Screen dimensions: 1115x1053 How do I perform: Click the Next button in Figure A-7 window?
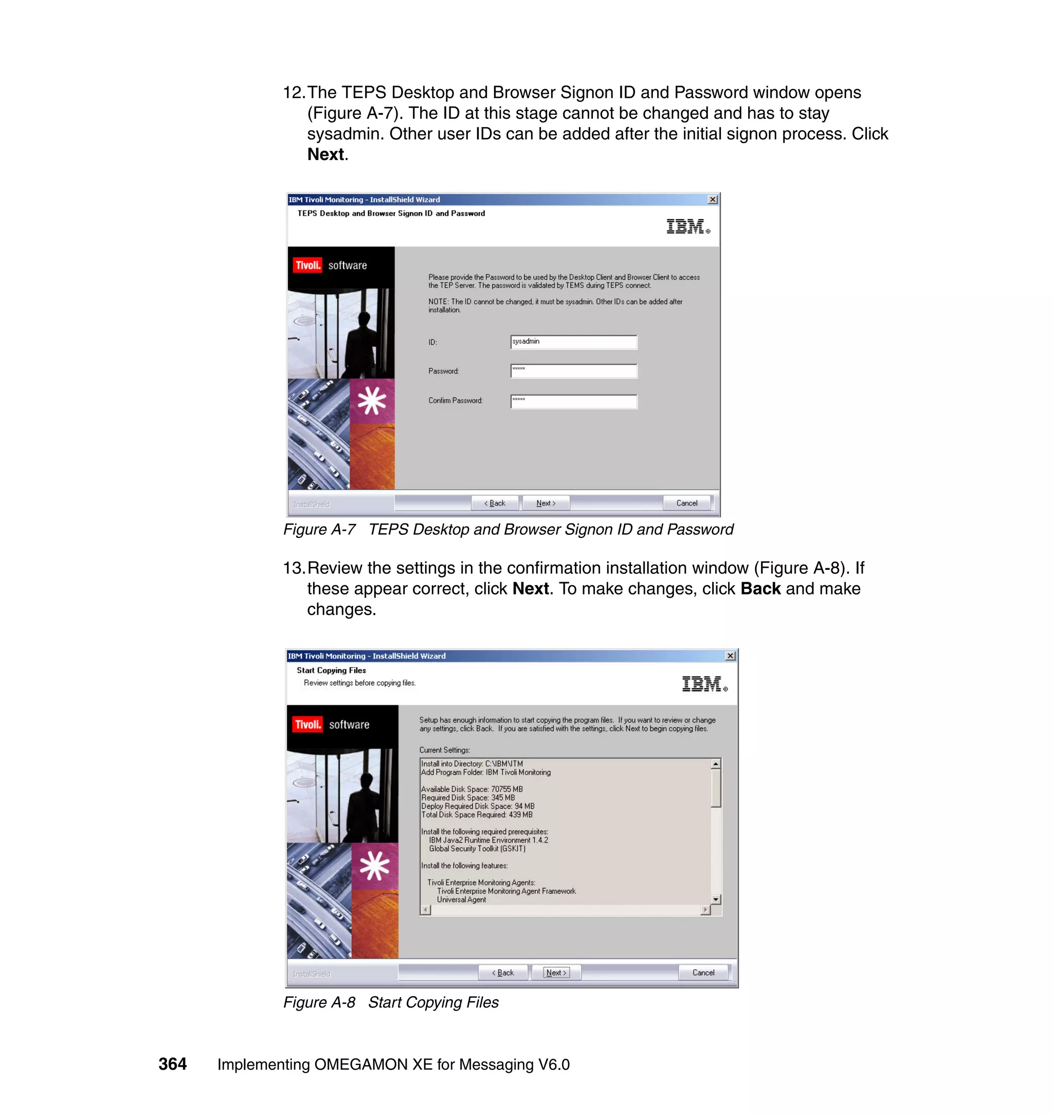tap(546, 503)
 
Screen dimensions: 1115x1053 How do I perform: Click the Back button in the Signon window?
tap(495, 503)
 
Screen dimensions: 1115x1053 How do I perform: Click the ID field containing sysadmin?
tap(573, 342)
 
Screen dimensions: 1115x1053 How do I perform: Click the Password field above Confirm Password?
tap(573, 370)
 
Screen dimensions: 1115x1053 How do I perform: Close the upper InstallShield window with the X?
tap(712, 200)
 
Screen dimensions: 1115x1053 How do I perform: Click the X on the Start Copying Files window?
tap(730, 656)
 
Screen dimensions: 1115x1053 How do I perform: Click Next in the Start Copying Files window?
tap(556, 973)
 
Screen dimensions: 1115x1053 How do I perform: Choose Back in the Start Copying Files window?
tap(503, 973)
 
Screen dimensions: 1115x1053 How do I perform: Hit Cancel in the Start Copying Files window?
tap(703, 973)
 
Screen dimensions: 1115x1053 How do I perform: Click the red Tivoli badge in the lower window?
tap(307, 724)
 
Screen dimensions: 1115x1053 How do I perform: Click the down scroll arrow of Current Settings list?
tap(716, 899)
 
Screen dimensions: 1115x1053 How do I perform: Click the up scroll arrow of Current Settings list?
tap(716, 764)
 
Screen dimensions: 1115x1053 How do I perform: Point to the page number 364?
tap(172, 1064)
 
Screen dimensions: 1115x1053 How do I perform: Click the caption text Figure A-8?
tap(319, 1002)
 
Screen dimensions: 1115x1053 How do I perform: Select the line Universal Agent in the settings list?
tap(461, 900)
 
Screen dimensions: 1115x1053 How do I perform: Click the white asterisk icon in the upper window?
tap(372, 401)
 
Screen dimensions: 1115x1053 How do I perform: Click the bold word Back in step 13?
tap(760, 588)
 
